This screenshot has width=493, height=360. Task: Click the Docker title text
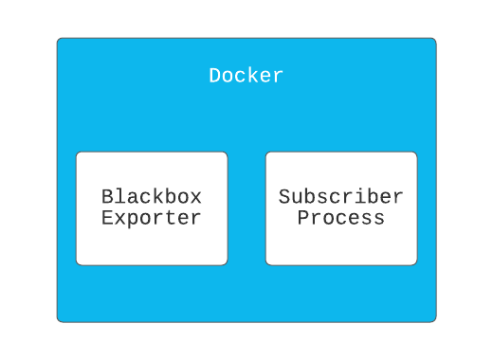(246, 76)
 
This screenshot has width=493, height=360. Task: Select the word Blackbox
(152, 197)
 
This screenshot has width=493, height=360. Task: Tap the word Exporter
(152, 218)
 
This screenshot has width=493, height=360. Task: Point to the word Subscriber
(341, 197)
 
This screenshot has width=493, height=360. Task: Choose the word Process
(341, 218)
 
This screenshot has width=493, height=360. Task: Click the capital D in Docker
(215, 76)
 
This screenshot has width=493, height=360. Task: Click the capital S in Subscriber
(284, 197)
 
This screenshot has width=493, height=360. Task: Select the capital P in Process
(303, 218)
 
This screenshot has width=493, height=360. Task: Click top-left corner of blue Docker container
(59, 40)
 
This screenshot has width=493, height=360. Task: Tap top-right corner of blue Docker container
(434, 40)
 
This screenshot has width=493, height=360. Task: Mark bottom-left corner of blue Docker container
(59, 320)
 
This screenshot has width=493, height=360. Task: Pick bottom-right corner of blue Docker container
(434, 320)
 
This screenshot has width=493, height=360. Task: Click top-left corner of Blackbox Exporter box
(78, 153)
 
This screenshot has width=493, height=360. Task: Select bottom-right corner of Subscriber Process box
(415, 263)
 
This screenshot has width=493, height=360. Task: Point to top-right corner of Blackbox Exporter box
(226, 153)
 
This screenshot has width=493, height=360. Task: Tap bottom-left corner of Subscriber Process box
(267, 263)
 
